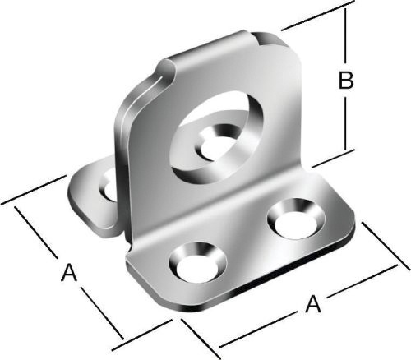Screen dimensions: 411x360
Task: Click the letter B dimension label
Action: point(346,80)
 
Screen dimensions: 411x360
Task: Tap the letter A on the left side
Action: point(69,272)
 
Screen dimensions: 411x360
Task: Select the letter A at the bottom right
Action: point(313,303)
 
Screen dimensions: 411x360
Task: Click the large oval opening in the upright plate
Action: point(215,137)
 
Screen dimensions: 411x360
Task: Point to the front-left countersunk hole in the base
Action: point(198,262)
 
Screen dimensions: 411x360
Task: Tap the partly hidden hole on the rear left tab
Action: point(109,186)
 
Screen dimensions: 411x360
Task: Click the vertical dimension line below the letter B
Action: point(345,124)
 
